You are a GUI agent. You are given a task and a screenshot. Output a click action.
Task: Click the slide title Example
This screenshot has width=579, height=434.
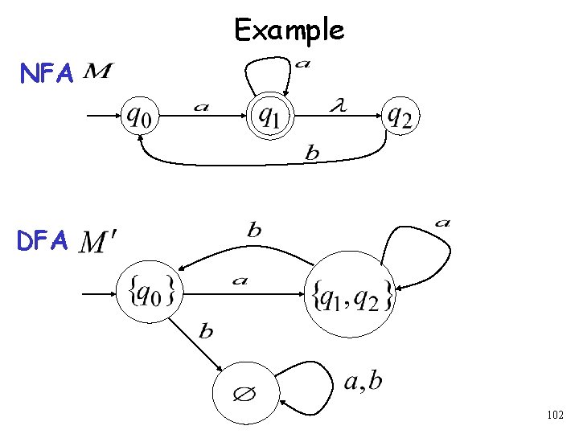(289, 31)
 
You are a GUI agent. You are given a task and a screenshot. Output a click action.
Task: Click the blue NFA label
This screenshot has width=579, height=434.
(47, 75)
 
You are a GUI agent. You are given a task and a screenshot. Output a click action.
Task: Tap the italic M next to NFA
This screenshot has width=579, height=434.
(97, 73)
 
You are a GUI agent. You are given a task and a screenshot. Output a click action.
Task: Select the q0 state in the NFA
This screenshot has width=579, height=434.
(140, 117)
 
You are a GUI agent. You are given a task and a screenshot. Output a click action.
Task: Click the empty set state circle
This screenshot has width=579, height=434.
(245, 395)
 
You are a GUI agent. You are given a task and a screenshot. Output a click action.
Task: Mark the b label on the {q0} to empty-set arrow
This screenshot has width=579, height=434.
(206, 331)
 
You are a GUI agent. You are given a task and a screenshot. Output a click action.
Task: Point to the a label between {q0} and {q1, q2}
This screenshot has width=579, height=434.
(240, 280)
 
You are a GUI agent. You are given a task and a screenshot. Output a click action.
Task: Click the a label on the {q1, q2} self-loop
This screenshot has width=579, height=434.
(441, 223)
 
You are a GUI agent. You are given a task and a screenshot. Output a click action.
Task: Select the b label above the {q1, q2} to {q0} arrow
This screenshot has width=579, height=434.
(254, 230)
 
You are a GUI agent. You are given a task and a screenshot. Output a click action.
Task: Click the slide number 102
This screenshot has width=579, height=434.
(554, 416)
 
